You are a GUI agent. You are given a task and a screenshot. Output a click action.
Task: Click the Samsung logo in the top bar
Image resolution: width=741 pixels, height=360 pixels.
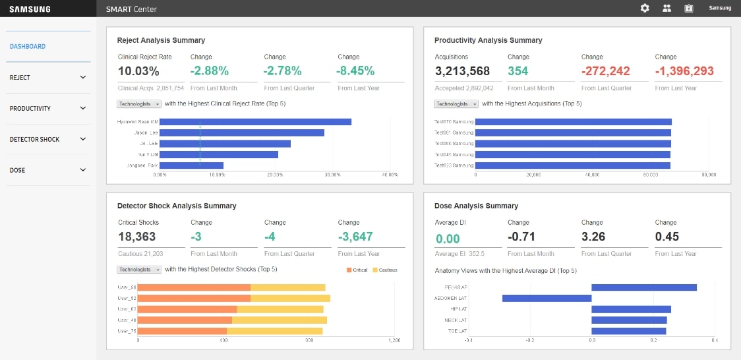[x=30, y=9]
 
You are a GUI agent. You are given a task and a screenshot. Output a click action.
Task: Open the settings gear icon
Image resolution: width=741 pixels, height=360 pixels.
[x=645, y=9]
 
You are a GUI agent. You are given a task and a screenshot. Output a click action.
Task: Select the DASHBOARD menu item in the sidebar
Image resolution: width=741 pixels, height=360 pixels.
[x=28, y=47]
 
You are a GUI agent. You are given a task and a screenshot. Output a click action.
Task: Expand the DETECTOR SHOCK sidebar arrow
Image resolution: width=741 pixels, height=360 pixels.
[x=83, y=139]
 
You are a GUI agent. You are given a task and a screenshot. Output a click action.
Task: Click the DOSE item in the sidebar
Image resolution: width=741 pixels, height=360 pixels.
[x=18, y=170]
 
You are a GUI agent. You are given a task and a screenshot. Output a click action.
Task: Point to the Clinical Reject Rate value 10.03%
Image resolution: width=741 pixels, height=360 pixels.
[x=138, y=71]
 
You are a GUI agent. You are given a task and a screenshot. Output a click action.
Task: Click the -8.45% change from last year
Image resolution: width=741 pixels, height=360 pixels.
[x=356, y=71]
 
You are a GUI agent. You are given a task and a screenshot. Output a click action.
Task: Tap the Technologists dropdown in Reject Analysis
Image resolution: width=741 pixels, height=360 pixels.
[x=139, y=104]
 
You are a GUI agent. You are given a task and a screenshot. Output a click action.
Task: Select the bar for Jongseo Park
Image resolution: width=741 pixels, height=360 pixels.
[x=191, y=165]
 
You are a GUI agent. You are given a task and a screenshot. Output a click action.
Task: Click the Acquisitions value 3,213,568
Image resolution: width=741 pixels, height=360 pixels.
[x=462, y=71]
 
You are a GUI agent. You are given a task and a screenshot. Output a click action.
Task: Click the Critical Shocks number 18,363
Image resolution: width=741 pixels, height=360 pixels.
[x=137, y=237]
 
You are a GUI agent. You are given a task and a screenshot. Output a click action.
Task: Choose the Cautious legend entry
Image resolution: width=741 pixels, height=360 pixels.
[x=384, y=270]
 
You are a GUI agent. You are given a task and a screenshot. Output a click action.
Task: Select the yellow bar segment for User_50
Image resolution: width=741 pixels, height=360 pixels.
[x=287, y=287]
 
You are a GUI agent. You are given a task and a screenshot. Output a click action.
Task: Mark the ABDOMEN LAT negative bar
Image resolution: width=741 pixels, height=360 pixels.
[x=547, y=298]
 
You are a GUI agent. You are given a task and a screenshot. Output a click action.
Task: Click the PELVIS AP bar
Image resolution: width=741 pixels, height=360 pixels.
[x=643, y=287]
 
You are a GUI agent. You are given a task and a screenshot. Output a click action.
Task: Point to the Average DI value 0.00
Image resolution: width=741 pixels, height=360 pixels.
[x=448, y=239]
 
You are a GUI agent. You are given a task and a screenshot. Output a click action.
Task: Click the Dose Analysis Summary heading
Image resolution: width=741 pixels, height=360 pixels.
[x=476, y=206]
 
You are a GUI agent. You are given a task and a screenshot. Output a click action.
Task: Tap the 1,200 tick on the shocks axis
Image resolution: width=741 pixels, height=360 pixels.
[x=394, y=340]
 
